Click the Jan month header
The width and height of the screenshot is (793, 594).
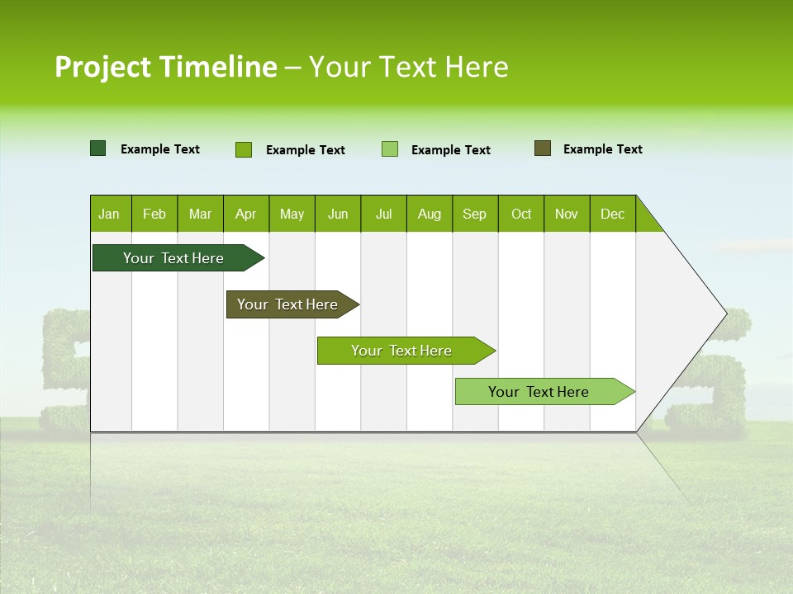point(110,214)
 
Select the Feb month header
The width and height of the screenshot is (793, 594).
point(154,214)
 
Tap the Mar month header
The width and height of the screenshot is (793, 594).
point(200,214)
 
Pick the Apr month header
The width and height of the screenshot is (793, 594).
point(246,214)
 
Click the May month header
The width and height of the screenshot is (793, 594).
point(292,214)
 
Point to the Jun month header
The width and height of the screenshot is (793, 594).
point(338,214)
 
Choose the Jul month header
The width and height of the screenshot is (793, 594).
point(383,214)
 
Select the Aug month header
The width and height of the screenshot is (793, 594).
point(430,214)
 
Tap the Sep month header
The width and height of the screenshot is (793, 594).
point(475,214)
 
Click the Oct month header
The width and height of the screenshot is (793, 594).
point(521,214)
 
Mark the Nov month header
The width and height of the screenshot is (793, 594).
point(567,214)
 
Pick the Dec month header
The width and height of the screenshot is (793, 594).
point(613,214)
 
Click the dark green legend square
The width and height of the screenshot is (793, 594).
point(98,148)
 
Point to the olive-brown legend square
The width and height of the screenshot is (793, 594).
point(543,148)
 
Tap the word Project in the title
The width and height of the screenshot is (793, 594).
point(103,67)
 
